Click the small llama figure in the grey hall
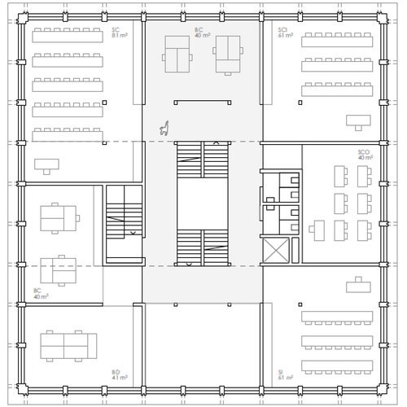(x=164, y=128)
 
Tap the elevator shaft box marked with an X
(x=277, y=252)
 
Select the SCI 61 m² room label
(x=286, y=33)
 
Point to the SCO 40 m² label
(x=364, y=155)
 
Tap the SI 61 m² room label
(x=286, y=375)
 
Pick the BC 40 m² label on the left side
(x=38, y=293)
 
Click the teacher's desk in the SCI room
(x=356, y=120)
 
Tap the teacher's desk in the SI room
(x=356, y=286)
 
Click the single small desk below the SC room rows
(x=46, y=164)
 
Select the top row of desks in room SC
(x=67, y=37)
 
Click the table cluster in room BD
(x=68, y=346)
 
